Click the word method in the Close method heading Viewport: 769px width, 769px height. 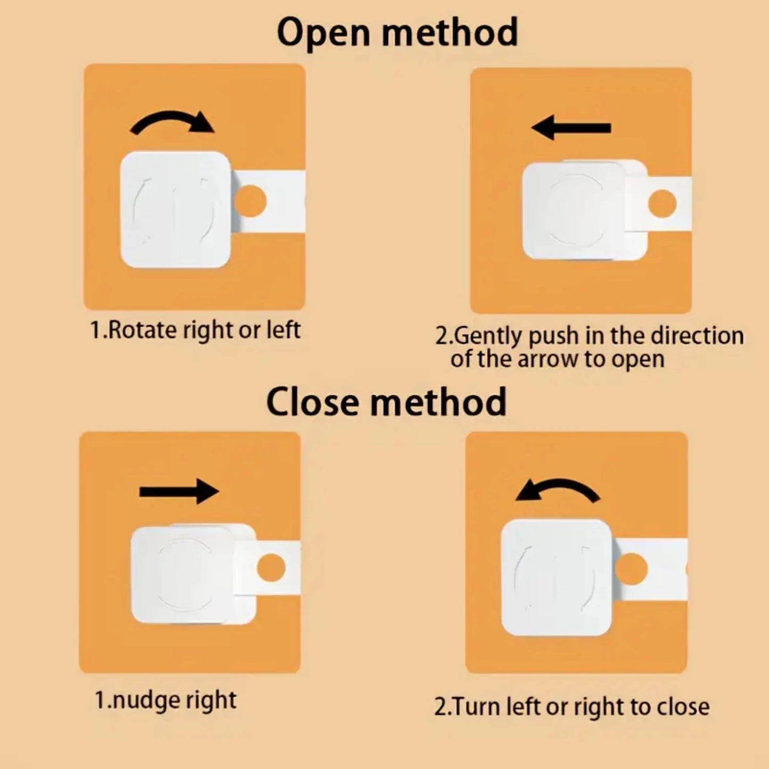[x=439, y=401]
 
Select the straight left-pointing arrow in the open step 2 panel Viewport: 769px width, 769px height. [x=571, y=128]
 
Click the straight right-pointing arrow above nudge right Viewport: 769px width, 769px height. [x=179, y=491]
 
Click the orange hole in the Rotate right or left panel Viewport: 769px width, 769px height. [x=250, y=201]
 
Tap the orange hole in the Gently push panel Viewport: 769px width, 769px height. [x=663, y=203]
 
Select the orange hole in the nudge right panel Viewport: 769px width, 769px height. [x=271, y=568]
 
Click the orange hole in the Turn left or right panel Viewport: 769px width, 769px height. [x=631, y=569]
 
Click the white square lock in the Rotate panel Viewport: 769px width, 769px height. [x=176, y=210]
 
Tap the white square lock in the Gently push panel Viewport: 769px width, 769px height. [x=585, y=210]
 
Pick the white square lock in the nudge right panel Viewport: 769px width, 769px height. [x=193, y=574]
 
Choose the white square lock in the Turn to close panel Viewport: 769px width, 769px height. [x=556, y=577]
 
